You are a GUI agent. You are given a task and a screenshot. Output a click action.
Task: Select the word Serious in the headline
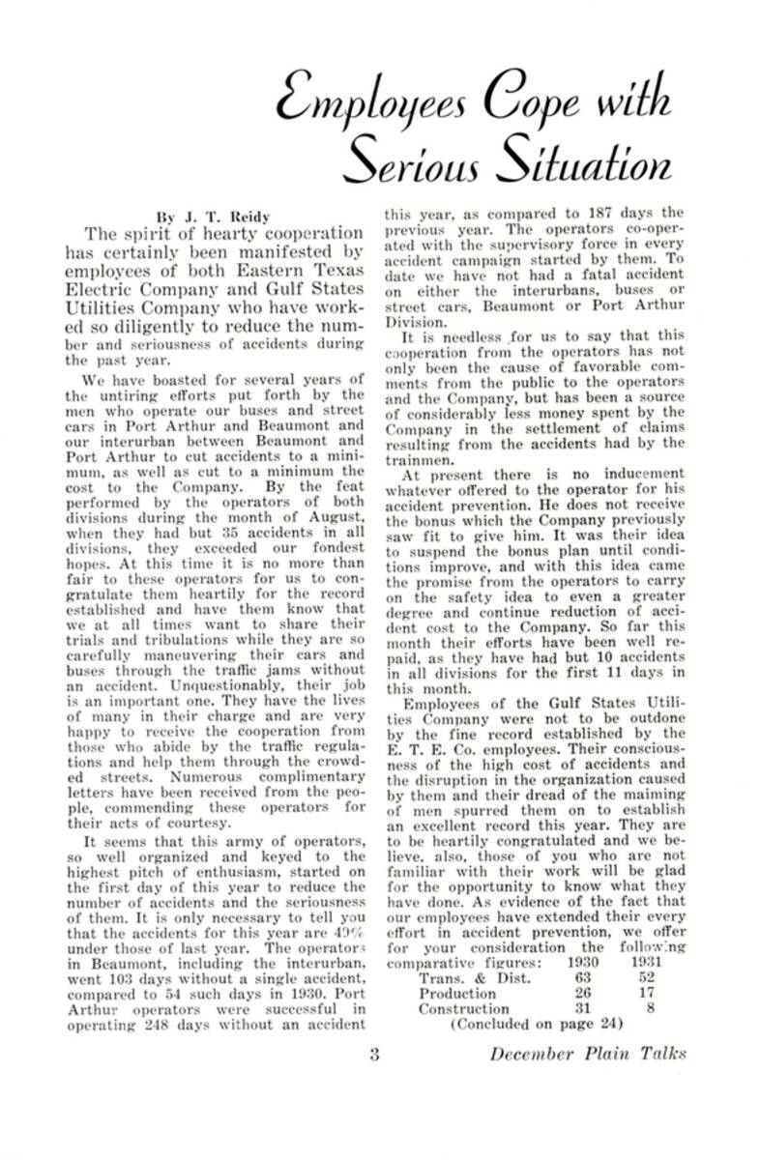[409, 162]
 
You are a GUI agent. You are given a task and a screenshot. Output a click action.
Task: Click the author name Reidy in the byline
[224, 215]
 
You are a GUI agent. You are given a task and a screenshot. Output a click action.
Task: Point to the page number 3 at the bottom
[373, 1054]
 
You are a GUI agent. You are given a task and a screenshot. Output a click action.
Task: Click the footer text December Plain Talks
[587, 1054]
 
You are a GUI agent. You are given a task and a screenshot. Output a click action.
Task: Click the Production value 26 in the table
[584, 993]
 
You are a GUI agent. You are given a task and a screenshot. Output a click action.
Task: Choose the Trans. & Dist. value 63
[584, 977]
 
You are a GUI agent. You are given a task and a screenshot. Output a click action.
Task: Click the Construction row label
[463, 1008]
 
